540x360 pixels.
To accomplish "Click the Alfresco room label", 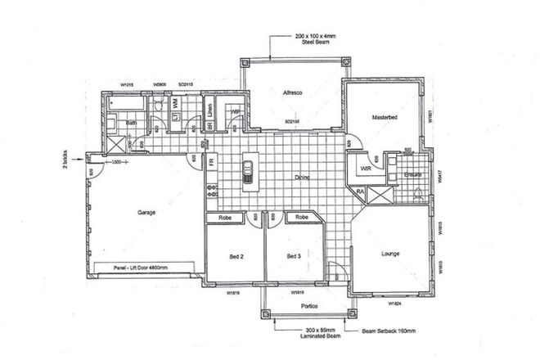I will pos(293,93).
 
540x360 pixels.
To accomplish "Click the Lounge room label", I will pos(390,254).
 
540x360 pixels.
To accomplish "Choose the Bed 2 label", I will pos(233,257).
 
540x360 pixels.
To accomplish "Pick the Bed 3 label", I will pos(295,257).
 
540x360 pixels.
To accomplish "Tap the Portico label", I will pos(308,306).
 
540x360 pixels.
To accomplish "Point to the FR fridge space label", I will pos(211,162).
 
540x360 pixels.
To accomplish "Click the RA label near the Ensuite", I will pos(360,191).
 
